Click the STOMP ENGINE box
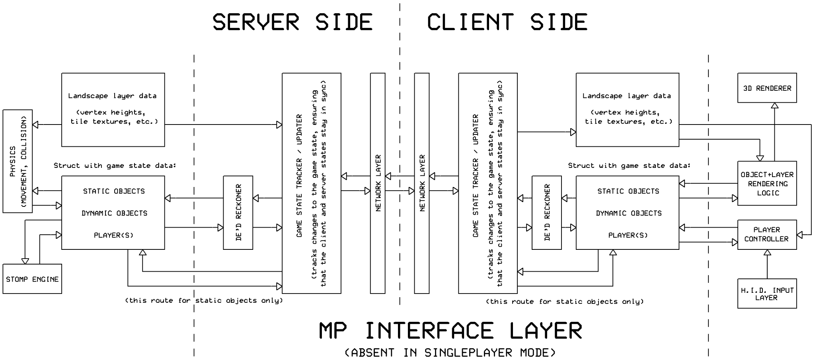tap(32, 279)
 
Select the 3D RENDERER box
tap(767, 88)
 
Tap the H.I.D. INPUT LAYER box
tap(767, 294)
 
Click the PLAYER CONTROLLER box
tap(767, 234)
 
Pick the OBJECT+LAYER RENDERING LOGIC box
tap(767, 183)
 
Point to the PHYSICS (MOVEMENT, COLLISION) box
tap(18, 161)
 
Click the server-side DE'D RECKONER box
tap(238, 212)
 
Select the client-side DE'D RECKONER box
tap(547, 212)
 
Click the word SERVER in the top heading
tap(255, 22)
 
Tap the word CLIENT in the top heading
tap(470, 22)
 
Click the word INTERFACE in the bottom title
tap(429, 331)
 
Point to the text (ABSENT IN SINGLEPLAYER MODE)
tap(450, 352)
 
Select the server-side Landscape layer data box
tap(113, 109)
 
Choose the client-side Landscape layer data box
tap(627, 109)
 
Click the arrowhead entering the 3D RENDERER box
tap(774, 105)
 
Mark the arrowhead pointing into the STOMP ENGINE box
tap(25, 261)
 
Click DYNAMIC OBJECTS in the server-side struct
tap(114, 213)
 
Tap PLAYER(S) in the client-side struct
tap(628, 235)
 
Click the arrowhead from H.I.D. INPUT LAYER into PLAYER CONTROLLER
tap(767, 253)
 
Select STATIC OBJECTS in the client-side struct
tap(628, 191)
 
